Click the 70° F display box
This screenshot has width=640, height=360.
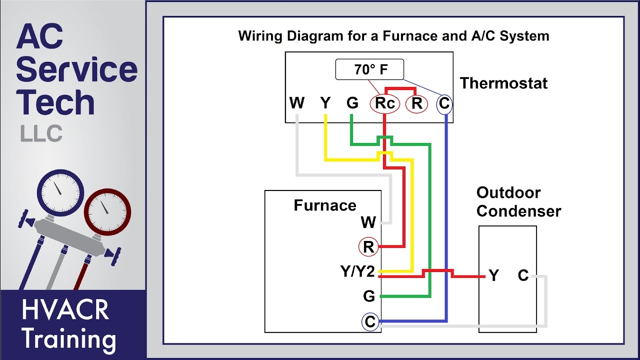pos(369,70)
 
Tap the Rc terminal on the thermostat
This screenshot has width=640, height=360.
pos(385,104)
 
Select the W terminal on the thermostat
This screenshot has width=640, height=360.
pos(297,103)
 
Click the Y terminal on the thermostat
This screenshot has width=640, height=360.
pos(325,103)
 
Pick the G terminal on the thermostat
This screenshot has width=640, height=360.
pos(352,103)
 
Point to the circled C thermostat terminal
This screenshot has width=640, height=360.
pos(444,104)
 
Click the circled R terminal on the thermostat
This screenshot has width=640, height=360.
pos(416,104)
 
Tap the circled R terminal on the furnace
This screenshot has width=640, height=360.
pos(368,247)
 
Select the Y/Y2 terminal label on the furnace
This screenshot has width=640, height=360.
pos(357,272)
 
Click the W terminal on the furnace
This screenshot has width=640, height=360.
pos(368,222)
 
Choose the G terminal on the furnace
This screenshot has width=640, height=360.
pos(369,296)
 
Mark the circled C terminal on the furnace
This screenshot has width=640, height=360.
pos(370,322)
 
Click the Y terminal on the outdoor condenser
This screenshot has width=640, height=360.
pos(494,275)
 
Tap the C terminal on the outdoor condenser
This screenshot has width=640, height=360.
pos(523,275)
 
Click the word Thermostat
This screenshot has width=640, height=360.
pos(503,83)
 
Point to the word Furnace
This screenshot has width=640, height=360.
pos(325,205)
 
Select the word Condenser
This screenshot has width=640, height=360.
pos(518,211)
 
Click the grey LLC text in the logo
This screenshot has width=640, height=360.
pos(41,133)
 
